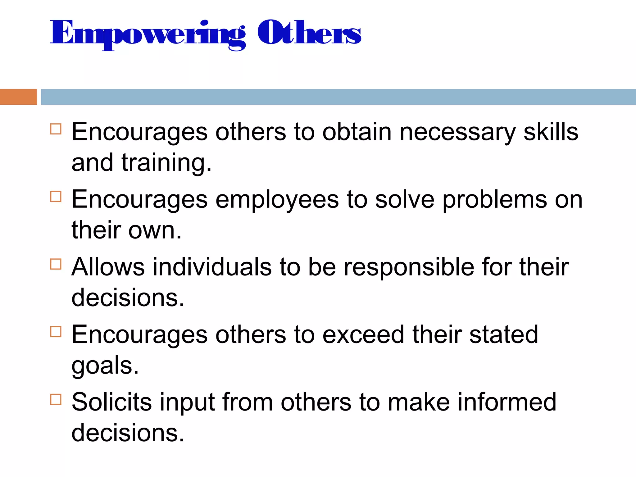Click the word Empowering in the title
(x=148, y=34)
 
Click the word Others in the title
(x=309, y=32)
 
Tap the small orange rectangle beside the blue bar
(x=18, y=97)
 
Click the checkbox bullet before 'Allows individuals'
(x=56, y=264)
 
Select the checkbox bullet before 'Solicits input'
(x=56, y=399)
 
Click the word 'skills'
(x=551, y=132)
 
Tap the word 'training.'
(x=166, y=163)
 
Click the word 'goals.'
(x=105, y=366)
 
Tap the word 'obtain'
(x=357, y=132)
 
